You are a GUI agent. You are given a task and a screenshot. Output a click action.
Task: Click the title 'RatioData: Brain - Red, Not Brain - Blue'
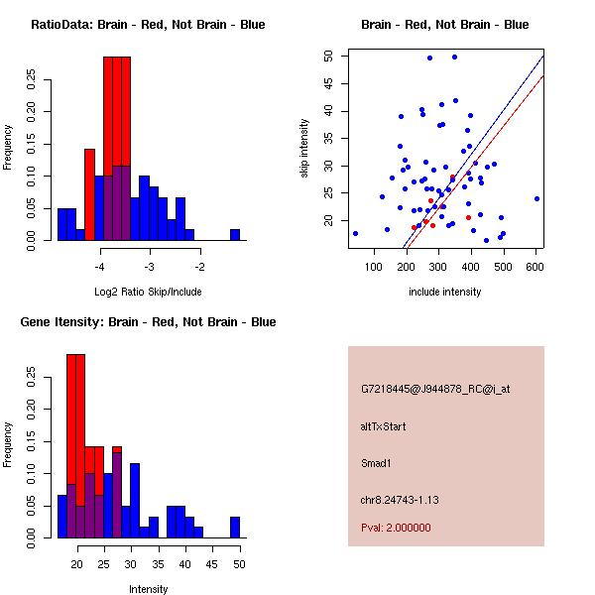click(148, 24)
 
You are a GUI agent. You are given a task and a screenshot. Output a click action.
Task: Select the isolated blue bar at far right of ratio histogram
click(235, 235)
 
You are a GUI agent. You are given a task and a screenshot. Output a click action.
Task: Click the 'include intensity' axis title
click(445, 292)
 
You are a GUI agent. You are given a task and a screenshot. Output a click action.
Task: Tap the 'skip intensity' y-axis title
click(305, 149)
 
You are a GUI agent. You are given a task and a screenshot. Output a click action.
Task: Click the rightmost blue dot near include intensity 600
click(536, 198)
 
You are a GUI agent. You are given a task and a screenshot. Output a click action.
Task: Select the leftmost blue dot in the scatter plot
click(355, 233)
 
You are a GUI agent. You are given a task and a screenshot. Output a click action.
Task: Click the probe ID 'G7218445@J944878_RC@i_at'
click(435, 390)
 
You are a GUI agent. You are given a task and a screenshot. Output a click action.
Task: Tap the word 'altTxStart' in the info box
click(384, 426)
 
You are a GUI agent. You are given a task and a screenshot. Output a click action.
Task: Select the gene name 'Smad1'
click(377, 462)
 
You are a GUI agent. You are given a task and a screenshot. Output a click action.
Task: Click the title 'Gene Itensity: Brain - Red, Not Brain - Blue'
click(148, 322)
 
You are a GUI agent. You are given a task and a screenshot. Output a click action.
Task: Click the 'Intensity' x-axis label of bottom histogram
click(148, 589)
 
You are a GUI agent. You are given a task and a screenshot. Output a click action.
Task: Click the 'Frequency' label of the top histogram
click(9, 147)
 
